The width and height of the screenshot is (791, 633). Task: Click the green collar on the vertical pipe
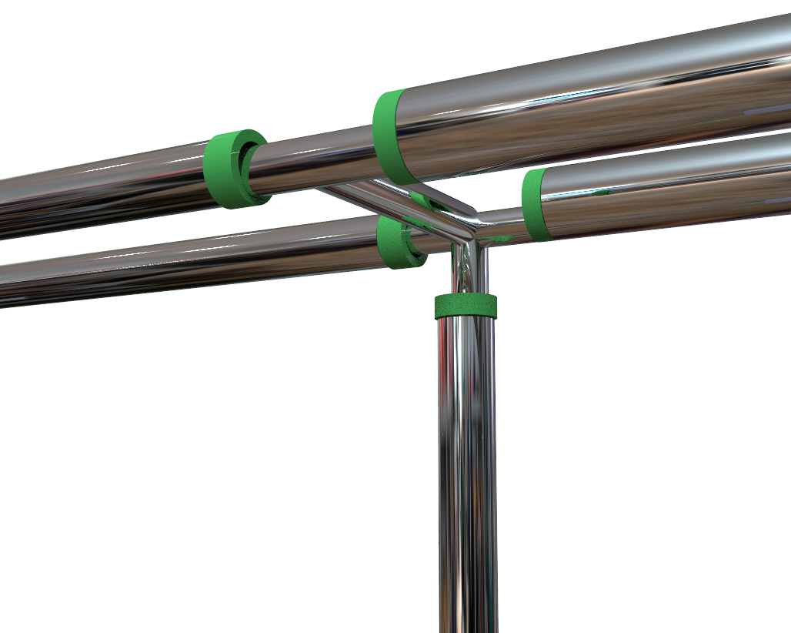pos(466,306)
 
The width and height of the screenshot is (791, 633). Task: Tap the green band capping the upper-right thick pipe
pos(390,136)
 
